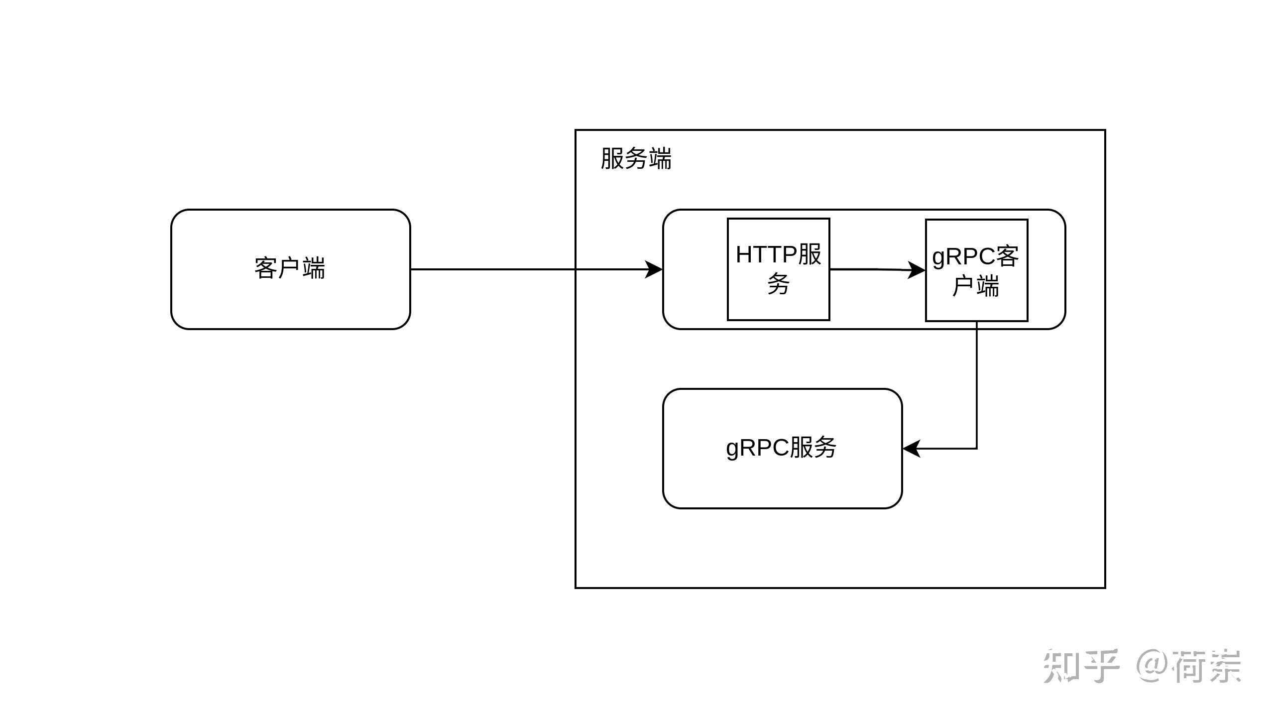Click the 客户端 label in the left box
(x=290, y=268)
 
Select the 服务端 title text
(x=636, y=159)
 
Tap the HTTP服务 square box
(x=779, y=269)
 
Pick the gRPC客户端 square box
(x=977, y=270)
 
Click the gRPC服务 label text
(x=781, y=448)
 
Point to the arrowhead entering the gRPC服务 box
(x=911, y=449)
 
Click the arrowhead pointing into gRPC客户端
(x=917, y=270)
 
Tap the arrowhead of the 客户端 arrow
(x=654, y=269)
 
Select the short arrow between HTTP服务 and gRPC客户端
(x=878, y=270)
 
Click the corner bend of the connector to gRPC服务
(x=977, y=449)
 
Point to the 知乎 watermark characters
(x=1081, y=666)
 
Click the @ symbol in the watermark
(x=1153, y=666)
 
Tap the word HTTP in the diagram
(x=767, y=255)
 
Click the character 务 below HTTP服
(x=779, y=284)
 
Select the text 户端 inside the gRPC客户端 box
(x=976, y=286)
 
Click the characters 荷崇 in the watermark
(x=1208, y=666)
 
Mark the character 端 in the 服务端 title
(x=660, y=159)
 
